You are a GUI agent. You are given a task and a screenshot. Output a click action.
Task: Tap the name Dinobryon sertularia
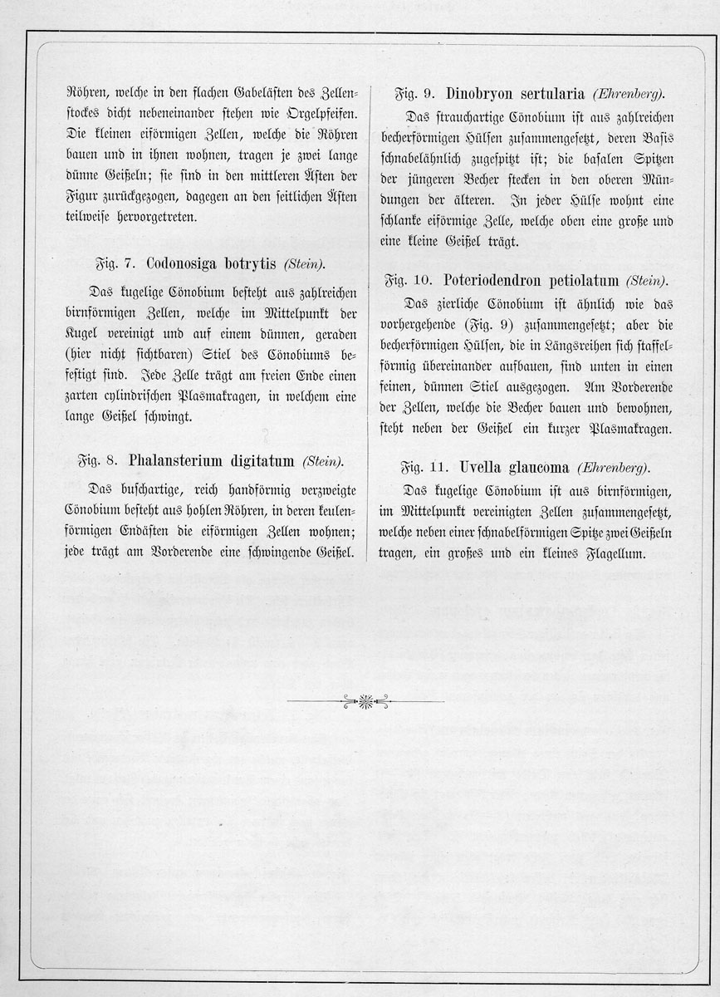tap(515, 93)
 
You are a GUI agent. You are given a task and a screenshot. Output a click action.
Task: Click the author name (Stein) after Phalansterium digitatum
tap(322, 462)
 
